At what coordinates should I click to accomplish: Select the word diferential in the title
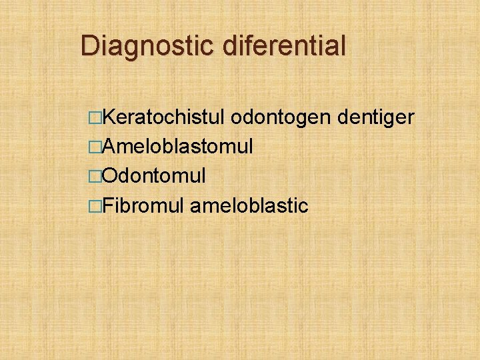click(x=287, y=46)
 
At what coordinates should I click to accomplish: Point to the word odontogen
click(x=285, y=118)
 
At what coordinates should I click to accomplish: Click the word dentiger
click(x=377, y=118)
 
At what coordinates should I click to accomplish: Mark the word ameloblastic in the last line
click(x=249, y=205)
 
